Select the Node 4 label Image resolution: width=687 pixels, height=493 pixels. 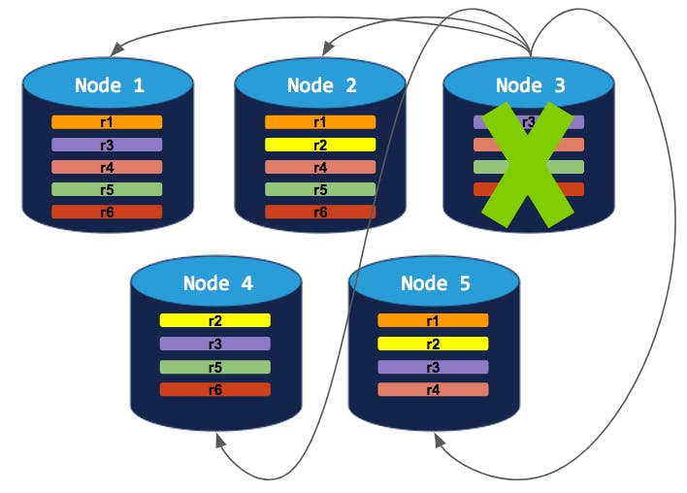[217, 283]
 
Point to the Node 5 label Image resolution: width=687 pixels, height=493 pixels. [435, 283]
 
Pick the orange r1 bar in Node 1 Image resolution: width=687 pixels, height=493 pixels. [107, 122]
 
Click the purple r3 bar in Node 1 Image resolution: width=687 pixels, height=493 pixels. [107, 145]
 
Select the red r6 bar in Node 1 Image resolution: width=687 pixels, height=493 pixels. [107, 212]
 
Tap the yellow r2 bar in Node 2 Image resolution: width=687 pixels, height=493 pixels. [320, 145]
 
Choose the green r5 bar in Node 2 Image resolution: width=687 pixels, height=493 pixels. [320, 189]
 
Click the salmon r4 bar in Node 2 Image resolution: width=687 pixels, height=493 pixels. [320, 167]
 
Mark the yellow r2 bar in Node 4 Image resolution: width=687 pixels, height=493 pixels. [215, 320]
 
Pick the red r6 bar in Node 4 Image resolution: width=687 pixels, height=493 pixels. [215, 389]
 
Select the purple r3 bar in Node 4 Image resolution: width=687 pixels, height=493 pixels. [215, 344]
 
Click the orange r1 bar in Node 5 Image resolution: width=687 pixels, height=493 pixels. [433, 320]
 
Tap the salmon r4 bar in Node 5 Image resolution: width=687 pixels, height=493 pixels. [433, 389]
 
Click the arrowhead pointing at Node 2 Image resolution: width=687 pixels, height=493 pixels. [327, 45]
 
